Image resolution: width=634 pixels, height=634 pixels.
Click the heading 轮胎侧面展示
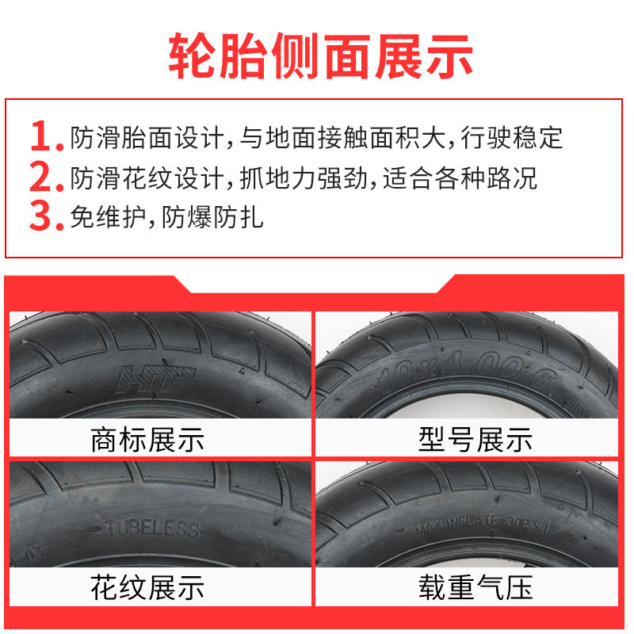coord(317,54)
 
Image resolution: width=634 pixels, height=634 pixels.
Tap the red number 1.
coord(44,136)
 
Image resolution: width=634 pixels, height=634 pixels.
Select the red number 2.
coord(44,177)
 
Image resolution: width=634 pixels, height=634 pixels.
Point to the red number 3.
coord(44,216)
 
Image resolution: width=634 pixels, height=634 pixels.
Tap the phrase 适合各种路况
coord(460,177)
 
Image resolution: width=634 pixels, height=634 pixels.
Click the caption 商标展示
coord(148,438)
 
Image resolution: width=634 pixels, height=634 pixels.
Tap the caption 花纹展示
coord(148,587)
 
